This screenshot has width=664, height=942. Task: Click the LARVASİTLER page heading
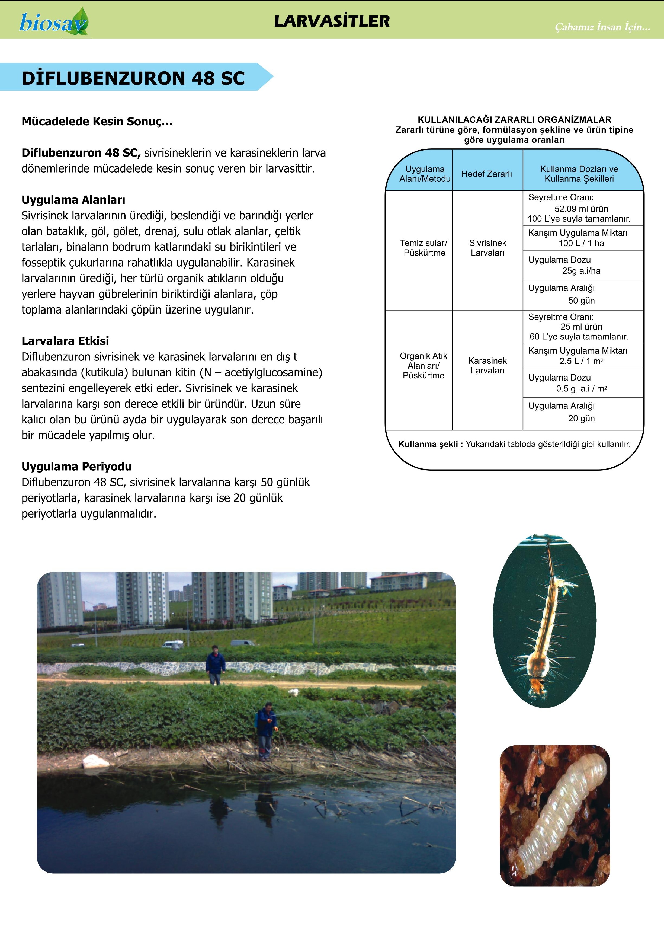click(x=332, y=21)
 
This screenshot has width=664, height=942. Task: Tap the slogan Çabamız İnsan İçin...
click(x=602, y=27)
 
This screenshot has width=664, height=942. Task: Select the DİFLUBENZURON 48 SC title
click(x=133, y=78)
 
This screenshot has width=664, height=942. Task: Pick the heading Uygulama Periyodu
click(x=77, y=467)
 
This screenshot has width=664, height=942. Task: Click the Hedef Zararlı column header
click(x=487, y=174)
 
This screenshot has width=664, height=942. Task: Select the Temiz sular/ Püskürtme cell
click(x=424, y=248)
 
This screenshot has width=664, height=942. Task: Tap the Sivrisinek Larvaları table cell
click(x=488, y=248)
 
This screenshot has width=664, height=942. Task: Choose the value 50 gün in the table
click(x=581, y=301)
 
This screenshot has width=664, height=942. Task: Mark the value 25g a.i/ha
click(x=581, y=271)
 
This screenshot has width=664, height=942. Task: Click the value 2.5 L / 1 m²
click(x=581, y=361)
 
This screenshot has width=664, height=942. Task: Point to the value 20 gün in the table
click(x=581, y=419)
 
